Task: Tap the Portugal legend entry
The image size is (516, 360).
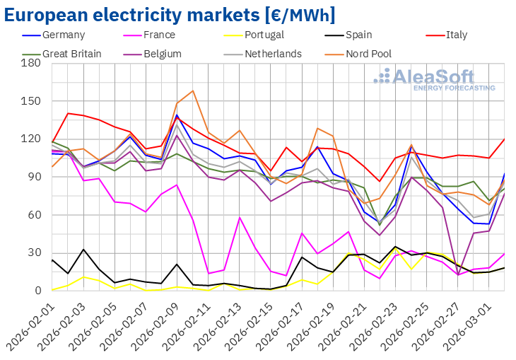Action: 265,35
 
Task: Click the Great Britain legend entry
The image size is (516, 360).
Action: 71,53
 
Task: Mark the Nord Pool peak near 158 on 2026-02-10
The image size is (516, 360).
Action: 192,91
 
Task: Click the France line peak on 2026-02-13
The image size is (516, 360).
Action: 240,217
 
